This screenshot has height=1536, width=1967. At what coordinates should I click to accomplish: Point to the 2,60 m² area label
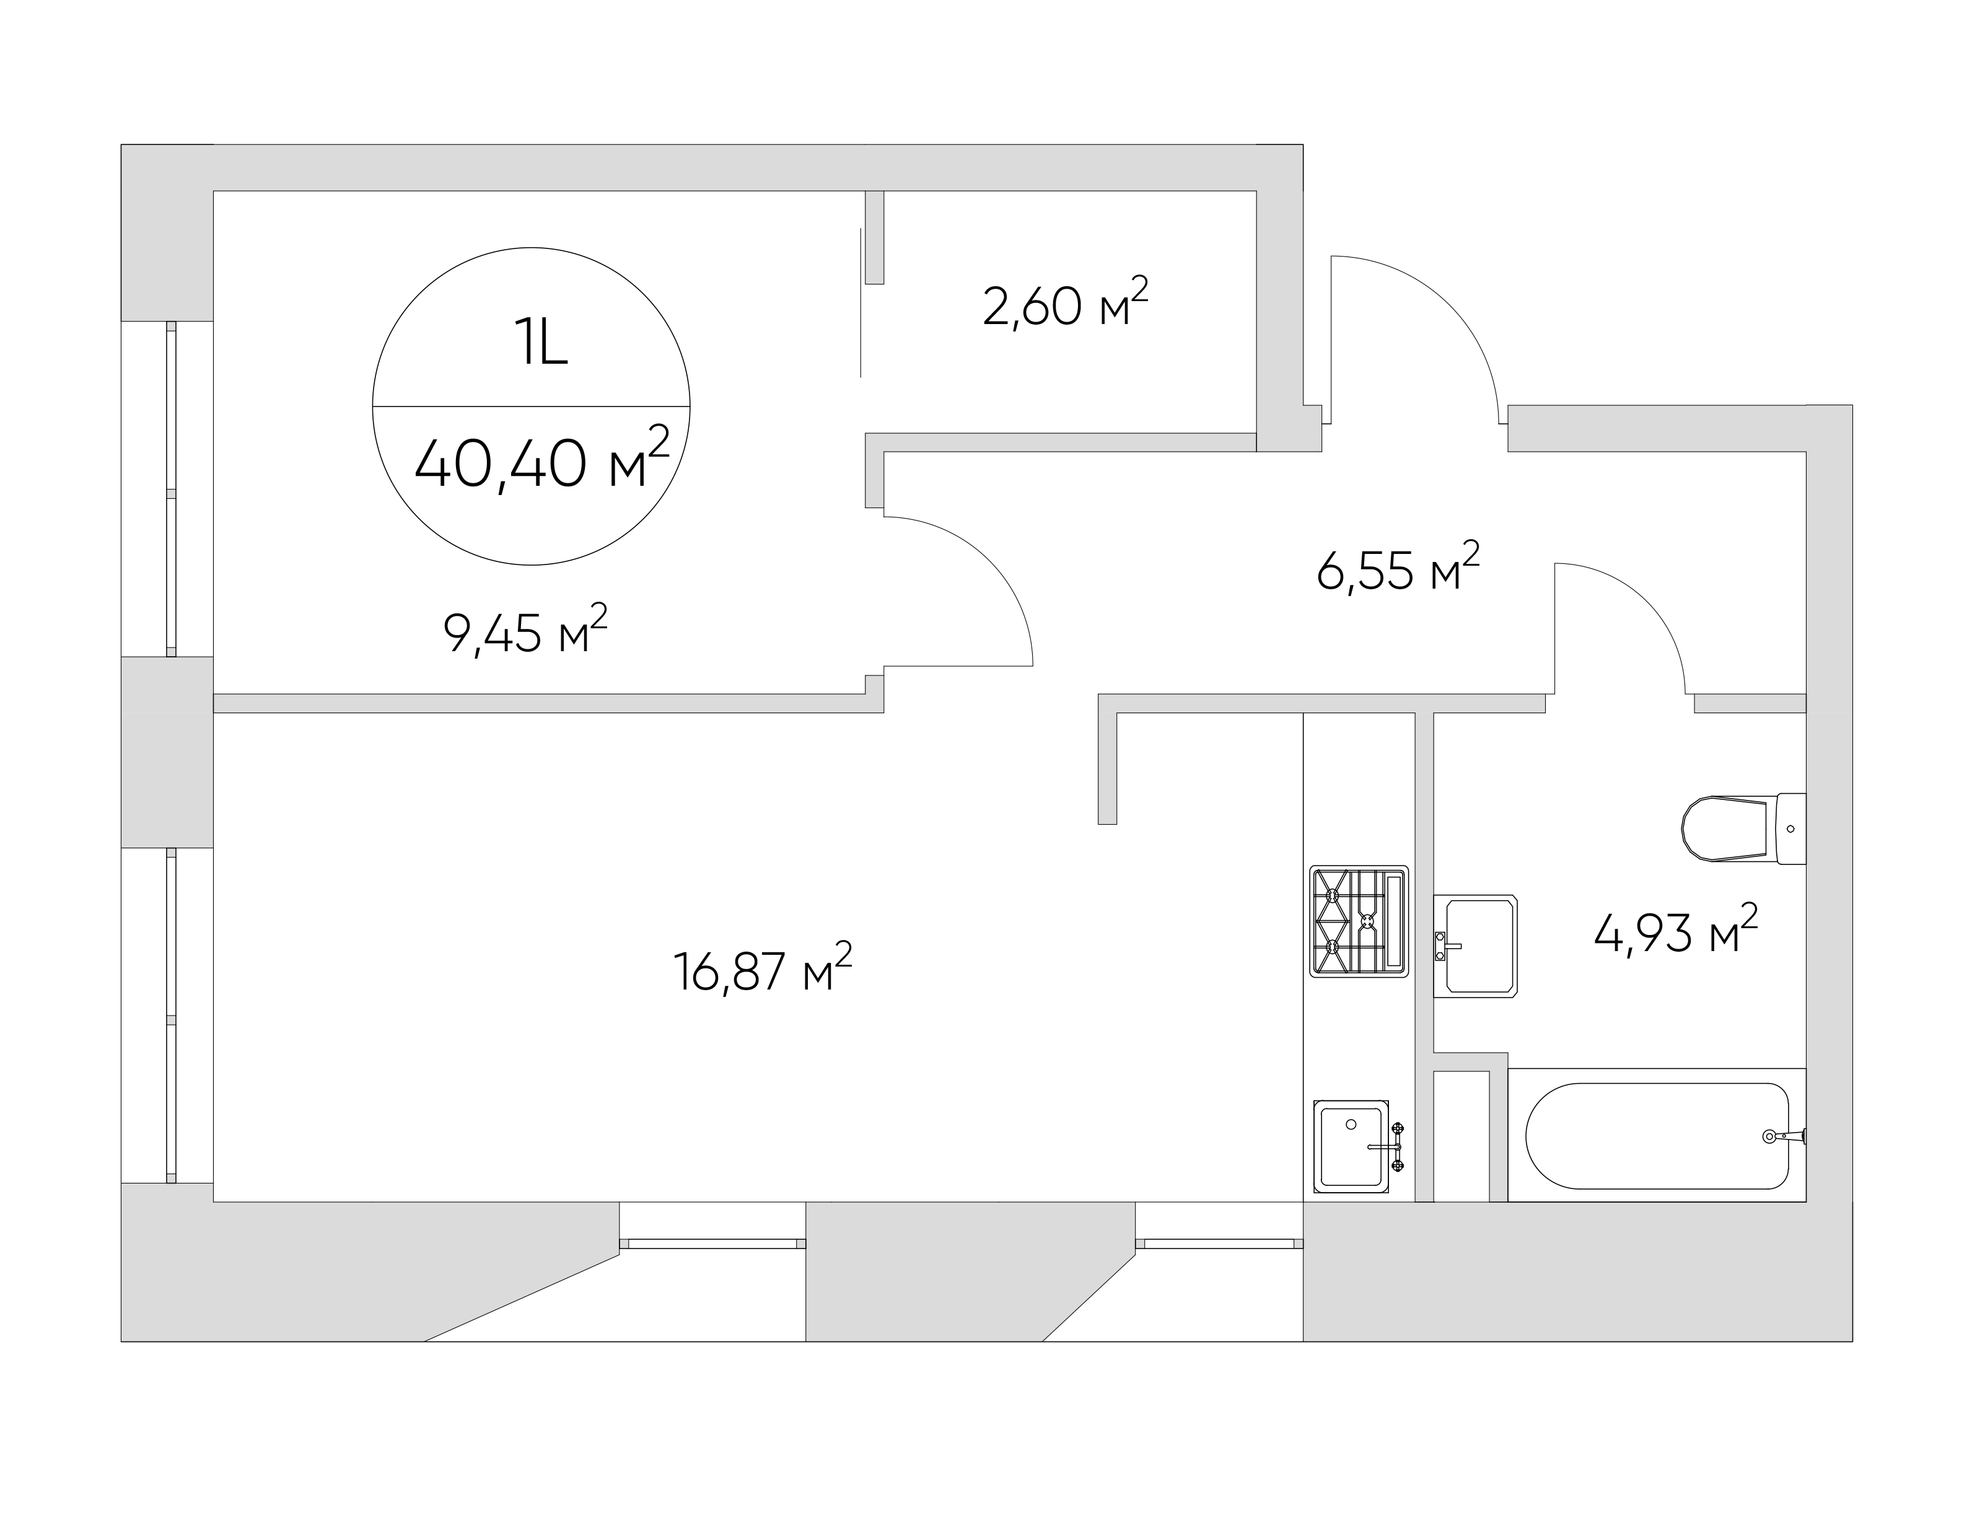coord(1066,304)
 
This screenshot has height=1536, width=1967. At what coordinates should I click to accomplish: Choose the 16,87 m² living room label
coord(763,968)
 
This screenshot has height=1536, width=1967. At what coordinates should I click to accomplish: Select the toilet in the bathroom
coord(1743,828)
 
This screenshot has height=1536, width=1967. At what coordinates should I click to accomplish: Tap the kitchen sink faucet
coord(1386,1146)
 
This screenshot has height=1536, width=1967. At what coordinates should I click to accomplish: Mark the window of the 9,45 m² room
coord(171,489)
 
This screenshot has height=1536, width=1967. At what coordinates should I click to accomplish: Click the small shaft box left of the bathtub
coord(1461,1136)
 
